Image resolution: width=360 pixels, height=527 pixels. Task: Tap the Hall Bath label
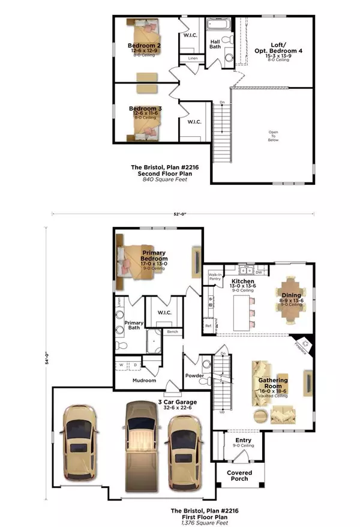(x=215, y=44)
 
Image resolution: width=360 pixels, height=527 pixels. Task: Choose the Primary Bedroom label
(x=154, y=256)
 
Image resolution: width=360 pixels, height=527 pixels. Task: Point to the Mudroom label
(x=143, y=381)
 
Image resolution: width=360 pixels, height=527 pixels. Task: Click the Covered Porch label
(x=239, y=476)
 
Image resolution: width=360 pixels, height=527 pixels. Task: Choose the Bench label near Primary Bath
(x=173, y=331)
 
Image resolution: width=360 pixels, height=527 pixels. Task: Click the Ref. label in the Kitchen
(x=209, y=326)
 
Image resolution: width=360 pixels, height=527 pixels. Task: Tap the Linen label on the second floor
(x=193, y=58)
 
